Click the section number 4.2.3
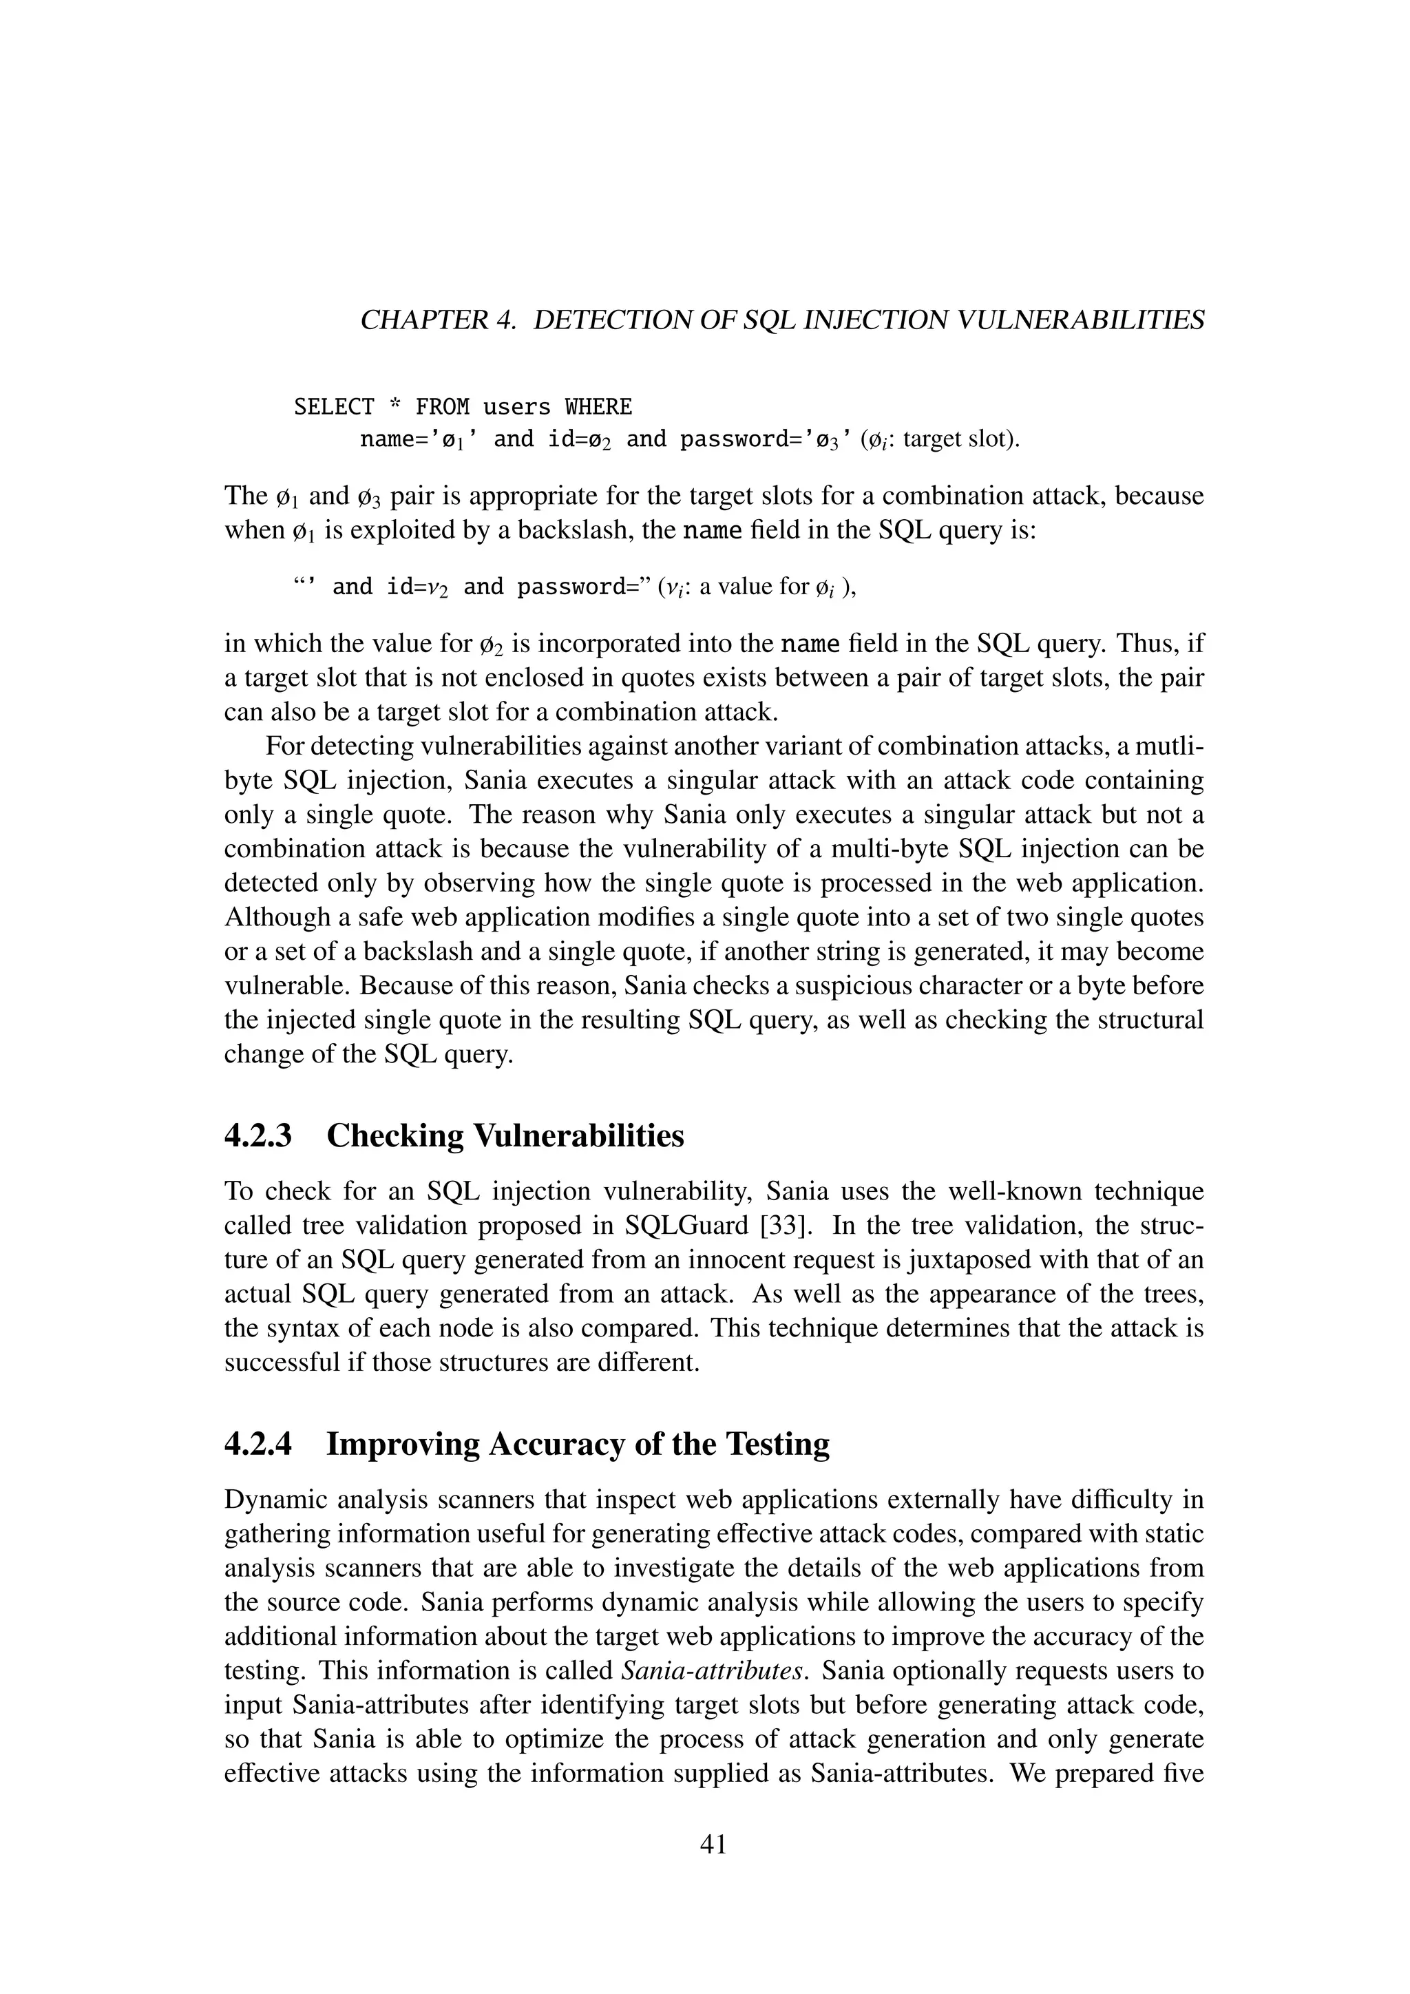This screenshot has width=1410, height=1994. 258,1135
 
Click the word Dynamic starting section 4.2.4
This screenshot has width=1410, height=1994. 275,1499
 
